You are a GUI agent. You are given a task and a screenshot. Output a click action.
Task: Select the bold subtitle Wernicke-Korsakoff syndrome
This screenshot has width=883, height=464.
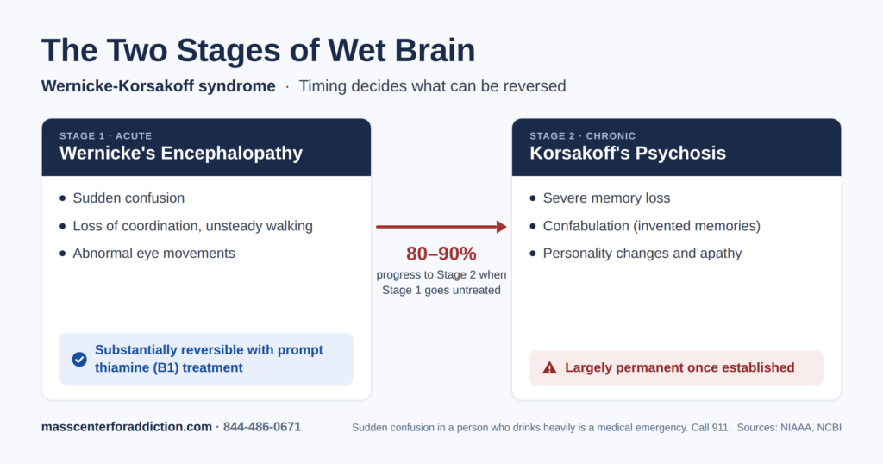pos(159,86)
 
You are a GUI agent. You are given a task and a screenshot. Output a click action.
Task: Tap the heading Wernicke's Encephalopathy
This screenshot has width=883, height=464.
pos(181,154)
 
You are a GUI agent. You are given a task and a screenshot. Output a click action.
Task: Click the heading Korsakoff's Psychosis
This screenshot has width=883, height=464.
pos(628,154)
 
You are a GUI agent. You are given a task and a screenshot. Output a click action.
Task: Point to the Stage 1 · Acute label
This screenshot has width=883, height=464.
pos(106,135)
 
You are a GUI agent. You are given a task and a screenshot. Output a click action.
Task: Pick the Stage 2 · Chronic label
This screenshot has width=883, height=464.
pos(582,135)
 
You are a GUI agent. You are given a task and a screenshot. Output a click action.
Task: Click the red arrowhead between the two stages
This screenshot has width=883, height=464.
pos(502,226)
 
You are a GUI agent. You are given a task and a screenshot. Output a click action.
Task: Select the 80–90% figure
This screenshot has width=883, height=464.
pos(441,254)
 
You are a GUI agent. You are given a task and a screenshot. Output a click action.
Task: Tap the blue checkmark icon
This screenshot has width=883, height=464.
pos(79,360)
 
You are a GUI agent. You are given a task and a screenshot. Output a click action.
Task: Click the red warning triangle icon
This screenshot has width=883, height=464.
pos(549,367)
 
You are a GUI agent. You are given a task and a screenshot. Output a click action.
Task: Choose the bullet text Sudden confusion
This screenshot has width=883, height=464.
pos(128,198)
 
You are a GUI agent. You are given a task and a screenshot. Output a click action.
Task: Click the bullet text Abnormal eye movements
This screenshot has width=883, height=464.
pos(153,254)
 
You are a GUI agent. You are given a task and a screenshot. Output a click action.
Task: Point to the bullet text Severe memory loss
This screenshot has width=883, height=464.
pos(606,198)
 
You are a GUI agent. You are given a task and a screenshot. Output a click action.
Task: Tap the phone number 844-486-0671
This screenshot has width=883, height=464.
pos(262,427)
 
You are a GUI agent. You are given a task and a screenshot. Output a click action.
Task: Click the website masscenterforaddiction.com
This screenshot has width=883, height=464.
pos(126,427)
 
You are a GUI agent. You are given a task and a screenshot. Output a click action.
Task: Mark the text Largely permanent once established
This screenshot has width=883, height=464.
pos(679,367)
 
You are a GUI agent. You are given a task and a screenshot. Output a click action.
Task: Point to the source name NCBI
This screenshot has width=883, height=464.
pos(829,428)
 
